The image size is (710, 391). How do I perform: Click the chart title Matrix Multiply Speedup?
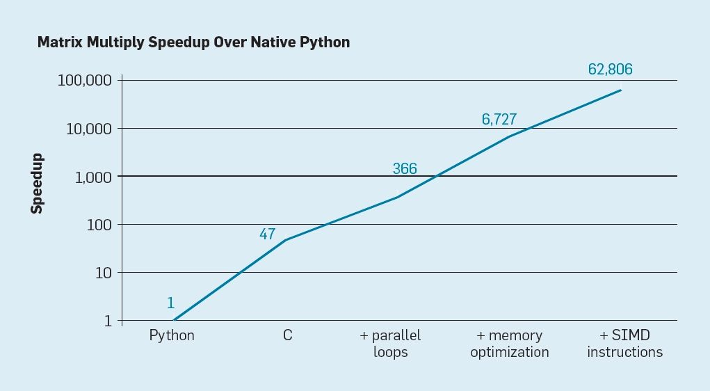(x=193, y=42)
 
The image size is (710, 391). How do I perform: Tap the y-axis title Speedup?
(x=37, y=183)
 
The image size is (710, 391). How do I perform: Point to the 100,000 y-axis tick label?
(x=84, y=80)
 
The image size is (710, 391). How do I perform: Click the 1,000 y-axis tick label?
(x=92, y=177)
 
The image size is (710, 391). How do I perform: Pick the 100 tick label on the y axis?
(x=99, y=225)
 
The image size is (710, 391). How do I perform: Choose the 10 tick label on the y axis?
(x=103, y=273)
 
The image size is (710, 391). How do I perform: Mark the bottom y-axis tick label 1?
(x=108, y=321)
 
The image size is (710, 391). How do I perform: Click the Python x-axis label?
(x=172, y=335)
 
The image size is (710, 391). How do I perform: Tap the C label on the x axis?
(x=287, y=335)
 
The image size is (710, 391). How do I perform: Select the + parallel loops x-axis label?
(x=390, y=344)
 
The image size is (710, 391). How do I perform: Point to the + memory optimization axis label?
(x=509, y=344)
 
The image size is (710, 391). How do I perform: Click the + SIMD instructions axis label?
(x=624, y=344)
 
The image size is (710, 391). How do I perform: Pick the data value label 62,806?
(x=610, y=69)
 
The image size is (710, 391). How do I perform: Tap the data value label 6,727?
(x=499, y=119)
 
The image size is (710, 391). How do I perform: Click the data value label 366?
(x=405, y=168)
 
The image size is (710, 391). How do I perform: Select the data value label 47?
(x=268, y=234)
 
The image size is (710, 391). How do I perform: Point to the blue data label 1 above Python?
(x=170, y=303)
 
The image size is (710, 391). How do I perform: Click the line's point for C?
(x=287, y=240)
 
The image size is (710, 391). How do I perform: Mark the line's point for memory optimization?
(x=510, y=136)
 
